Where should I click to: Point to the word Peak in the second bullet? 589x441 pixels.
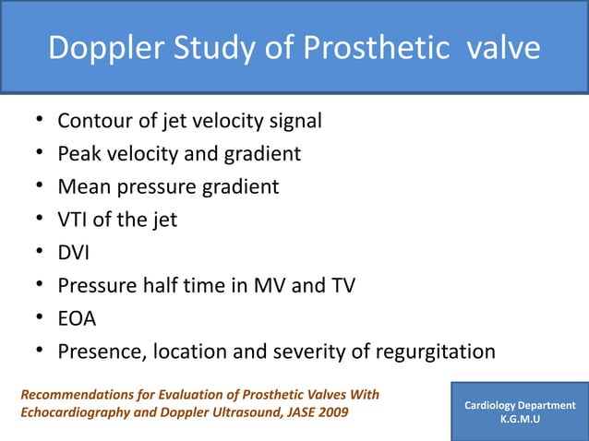click(x=78, y=154)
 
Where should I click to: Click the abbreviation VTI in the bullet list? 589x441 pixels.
click(x=73, y=220)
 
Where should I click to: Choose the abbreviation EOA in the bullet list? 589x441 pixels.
click(x=77, y=319)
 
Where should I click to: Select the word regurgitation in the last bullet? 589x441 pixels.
click(x=434, y=352)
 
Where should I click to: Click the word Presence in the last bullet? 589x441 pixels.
click(x=98, y=352)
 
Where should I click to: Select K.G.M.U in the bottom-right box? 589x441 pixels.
click(x=520, y=420)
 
